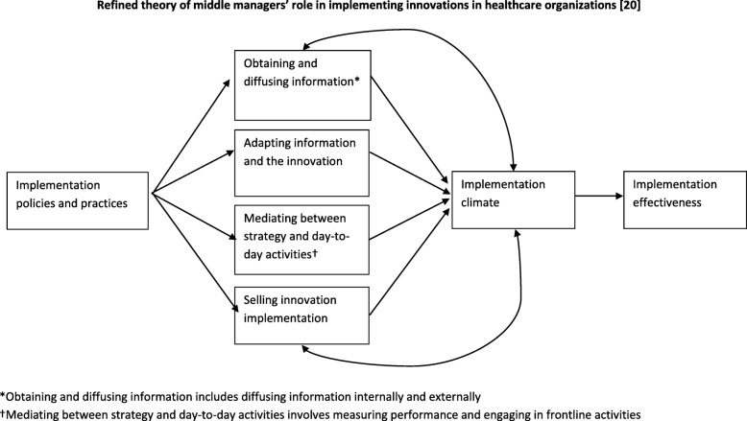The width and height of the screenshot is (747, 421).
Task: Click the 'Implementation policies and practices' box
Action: click(78, 200)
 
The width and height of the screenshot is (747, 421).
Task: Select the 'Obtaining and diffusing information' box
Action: click(302, 85)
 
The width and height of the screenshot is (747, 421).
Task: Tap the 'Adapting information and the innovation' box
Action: click(301, 163)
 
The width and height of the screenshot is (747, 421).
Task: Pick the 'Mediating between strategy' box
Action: click(301, 240)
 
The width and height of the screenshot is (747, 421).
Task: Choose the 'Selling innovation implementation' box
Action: click(301, 316)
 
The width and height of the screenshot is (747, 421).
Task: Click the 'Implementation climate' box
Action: click(513, 199)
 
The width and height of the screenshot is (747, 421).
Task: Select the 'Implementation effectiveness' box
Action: click(685, 199)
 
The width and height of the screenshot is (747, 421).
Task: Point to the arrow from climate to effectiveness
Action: click(599, 196)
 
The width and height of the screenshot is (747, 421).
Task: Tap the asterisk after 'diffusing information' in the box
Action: click(357, 80)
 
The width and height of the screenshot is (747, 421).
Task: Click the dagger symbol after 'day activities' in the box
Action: click(314, 253)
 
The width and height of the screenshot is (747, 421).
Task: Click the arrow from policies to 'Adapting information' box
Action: click(193, 173)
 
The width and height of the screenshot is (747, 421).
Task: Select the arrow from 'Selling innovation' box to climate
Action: click(410, 261)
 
